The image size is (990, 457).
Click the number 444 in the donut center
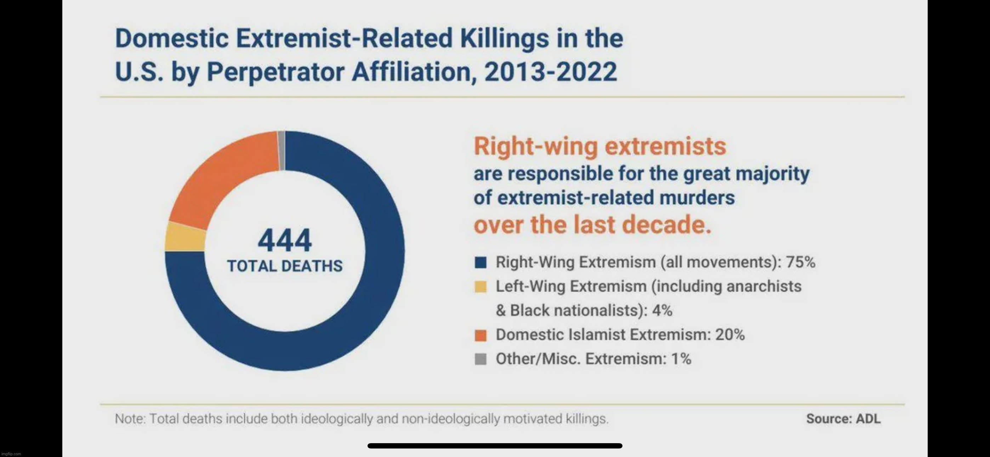pyautogui.click(x=284, y=241)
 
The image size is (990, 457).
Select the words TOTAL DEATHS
pyautogui.click(x=284, y=266)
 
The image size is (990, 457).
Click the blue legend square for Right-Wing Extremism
pyautogui.click(x=480, y=263)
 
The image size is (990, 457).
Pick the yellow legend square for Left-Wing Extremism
pyautogui.click(x=480, y=287)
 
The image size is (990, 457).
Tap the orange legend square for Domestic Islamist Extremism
pyautogui.click(x=480, y=335)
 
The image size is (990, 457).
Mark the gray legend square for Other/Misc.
pyautogui.click(x=480, y=359)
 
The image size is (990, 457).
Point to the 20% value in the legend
pyautogui.click(x=729, y=335)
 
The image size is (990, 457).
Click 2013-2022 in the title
pyautogui.click(x=550, y=72)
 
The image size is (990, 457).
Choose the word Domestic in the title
pyautogui.click(x=172, y=39)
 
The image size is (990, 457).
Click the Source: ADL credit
pyautogui.click(x=843, y=418)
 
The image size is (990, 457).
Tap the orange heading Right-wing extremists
pyautogui.click(x=599, y=147)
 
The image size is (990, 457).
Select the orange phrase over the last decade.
pyautogui.click(x=592, y=225)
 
